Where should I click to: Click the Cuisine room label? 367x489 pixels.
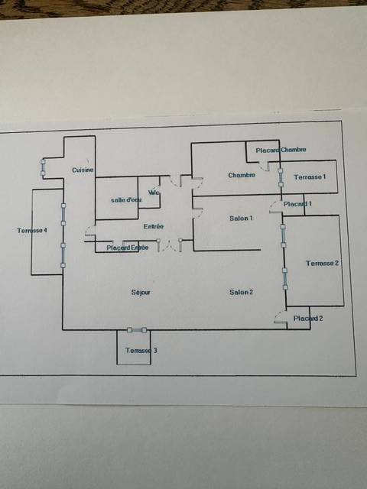pos(83,170)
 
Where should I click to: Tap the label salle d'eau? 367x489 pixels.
pos(126,200)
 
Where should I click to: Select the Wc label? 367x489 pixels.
pos(154,193)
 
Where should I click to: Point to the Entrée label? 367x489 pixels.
pos(154,227)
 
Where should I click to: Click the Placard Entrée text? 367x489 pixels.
pos(128,248)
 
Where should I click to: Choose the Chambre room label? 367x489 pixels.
pos(242,175)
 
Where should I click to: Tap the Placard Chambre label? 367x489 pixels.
pos(281,151)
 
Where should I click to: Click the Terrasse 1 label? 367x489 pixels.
pos(310,177)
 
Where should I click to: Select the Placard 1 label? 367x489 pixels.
pos(297,204)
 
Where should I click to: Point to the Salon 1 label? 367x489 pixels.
pos(242,219)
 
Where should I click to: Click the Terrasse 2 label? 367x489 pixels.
pos(322,263)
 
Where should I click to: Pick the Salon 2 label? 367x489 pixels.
pos(242,292)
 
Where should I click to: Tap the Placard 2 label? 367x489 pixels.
pos(308,319)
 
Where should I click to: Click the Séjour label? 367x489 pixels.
pos(141,293)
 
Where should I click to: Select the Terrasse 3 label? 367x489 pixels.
pos(141,351)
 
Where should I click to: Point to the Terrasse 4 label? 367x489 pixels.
pos(32,231)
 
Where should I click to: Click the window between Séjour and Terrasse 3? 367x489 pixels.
pos(137,330)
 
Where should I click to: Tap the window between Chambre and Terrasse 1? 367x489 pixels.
pos(281,177)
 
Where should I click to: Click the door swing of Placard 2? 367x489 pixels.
pos(281,316)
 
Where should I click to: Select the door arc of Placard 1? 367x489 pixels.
pos(276,207)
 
